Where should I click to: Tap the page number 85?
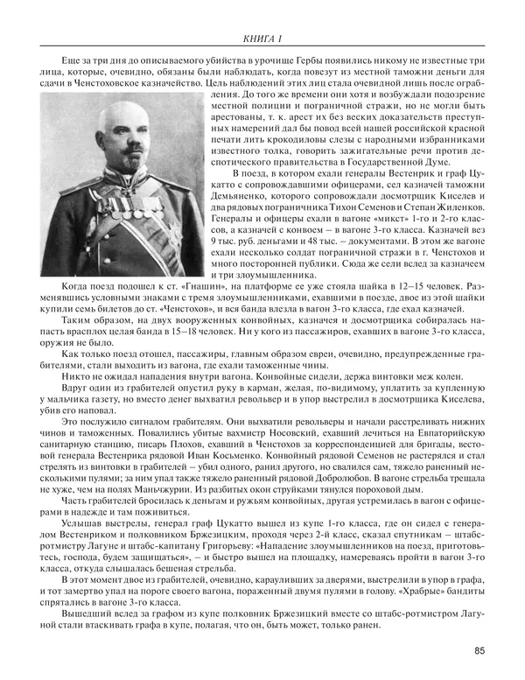(480, 649)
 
